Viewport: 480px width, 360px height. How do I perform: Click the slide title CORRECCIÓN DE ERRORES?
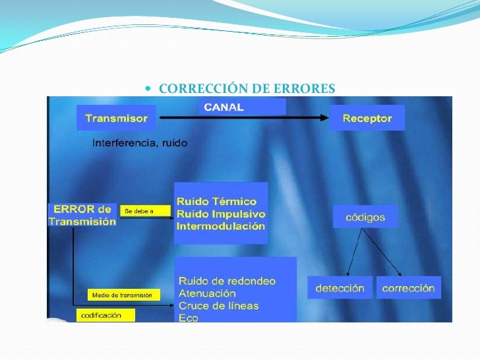point(247,88)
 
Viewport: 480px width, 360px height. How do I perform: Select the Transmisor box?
point(117,118)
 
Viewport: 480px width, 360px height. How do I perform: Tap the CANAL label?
point(224,107)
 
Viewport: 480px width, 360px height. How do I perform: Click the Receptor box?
point(367,119)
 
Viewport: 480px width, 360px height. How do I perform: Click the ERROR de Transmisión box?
point(82,215)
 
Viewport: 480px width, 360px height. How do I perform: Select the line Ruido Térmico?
point(216,201)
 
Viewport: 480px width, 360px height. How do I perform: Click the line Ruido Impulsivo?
point(221,214)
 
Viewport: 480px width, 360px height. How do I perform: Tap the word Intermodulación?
point(220,226)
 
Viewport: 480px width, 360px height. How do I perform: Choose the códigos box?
point(365,216)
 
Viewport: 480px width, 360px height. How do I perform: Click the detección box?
point(339,288)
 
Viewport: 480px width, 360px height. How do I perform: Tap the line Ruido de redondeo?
point(227,281)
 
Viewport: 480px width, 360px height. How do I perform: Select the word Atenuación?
point(207,293)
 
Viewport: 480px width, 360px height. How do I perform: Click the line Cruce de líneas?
point(218,306)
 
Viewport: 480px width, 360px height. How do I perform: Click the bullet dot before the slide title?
point(152,89)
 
